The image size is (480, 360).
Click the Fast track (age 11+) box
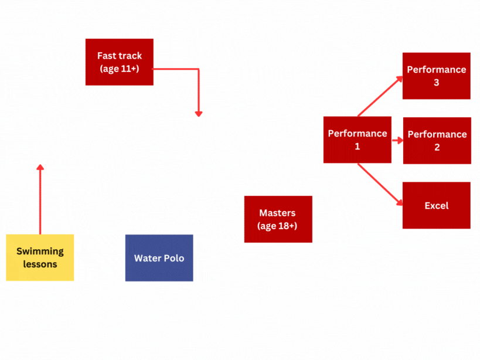coord(119,62)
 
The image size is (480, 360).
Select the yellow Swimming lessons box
coord(40,257)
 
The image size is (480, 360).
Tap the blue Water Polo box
coord(159,258)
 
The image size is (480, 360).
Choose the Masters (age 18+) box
coord(278,219)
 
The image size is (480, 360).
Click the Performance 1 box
coord(357,140)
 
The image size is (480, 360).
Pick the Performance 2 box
coord(437,141)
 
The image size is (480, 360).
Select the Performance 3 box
coord(436,76)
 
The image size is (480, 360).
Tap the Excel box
coord(436,205)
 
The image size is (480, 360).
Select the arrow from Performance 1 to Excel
coord(380,184)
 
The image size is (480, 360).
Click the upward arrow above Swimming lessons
coord(40,199)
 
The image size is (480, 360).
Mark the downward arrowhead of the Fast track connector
coord(199,113)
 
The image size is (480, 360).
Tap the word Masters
coord(277,213)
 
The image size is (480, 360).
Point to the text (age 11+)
coord(119,69)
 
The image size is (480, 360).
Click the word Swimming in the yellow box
coord(40,252)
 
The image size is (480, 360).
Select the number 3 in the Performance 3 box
coord(436,83)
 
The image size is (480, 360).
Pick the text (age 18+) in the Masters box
coord(277,226)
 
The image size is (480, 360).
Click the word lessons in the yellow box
coord(40,264)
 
